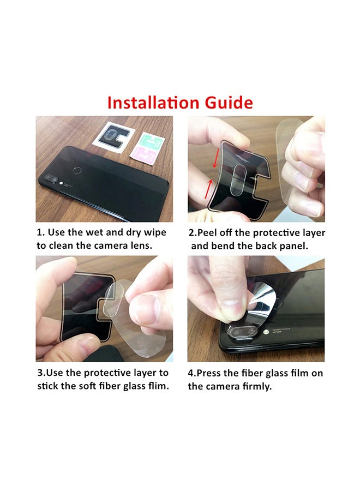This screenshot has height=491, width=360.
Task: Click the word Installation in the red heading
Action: coord(153,103)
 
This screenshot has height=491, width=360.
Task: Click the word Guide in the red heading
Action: coord(229,103)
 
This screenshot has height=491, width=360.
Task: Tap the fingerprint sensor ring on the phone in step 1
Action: coord(77,171)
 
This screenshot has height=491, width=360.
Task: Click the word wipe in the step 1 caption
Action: coord(155,233)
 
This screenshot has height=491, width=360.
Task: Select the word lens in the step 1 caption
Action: coord(141,245)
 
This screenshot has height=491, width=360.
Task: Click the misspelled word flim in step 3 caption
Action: coord(158,386)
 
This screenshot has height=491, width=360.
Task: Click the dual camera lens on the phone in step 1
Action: coord(52,179)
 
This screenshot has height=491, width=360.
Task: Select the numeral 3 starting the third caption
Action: coord(40,373)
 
